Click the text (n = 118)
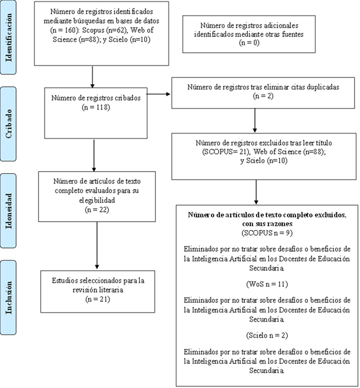tap(96, 108)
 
